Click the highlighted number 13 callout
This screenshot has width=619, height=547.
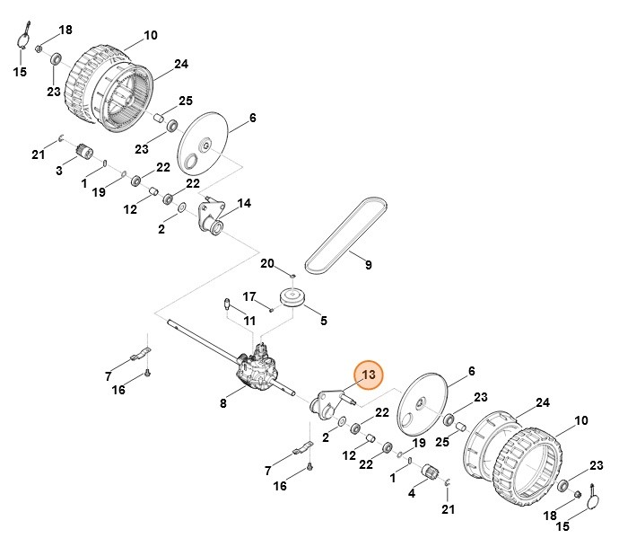pyautogui.click(x=369, y=375)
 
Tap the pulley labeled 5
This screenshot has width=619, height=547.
pyautogui.click(x=292, y=297)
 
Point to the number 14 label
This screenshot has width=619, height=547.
pyautogui.click(x=244, y=203)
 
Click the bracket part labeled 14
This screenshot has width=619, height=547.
pyautogui.click(x=211, y=217)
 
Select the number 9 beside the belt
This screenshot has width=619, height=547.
pyautogui.click(x=368, y=265)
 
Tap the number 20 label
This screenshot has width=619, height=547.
pyautogui.click(x=267, y=263)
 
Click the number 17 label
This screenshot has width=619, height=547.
pyautogui.click(x=249, y=296)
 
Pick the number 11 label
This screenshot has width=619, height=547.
pyautogui.click(x=249, y=321)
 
